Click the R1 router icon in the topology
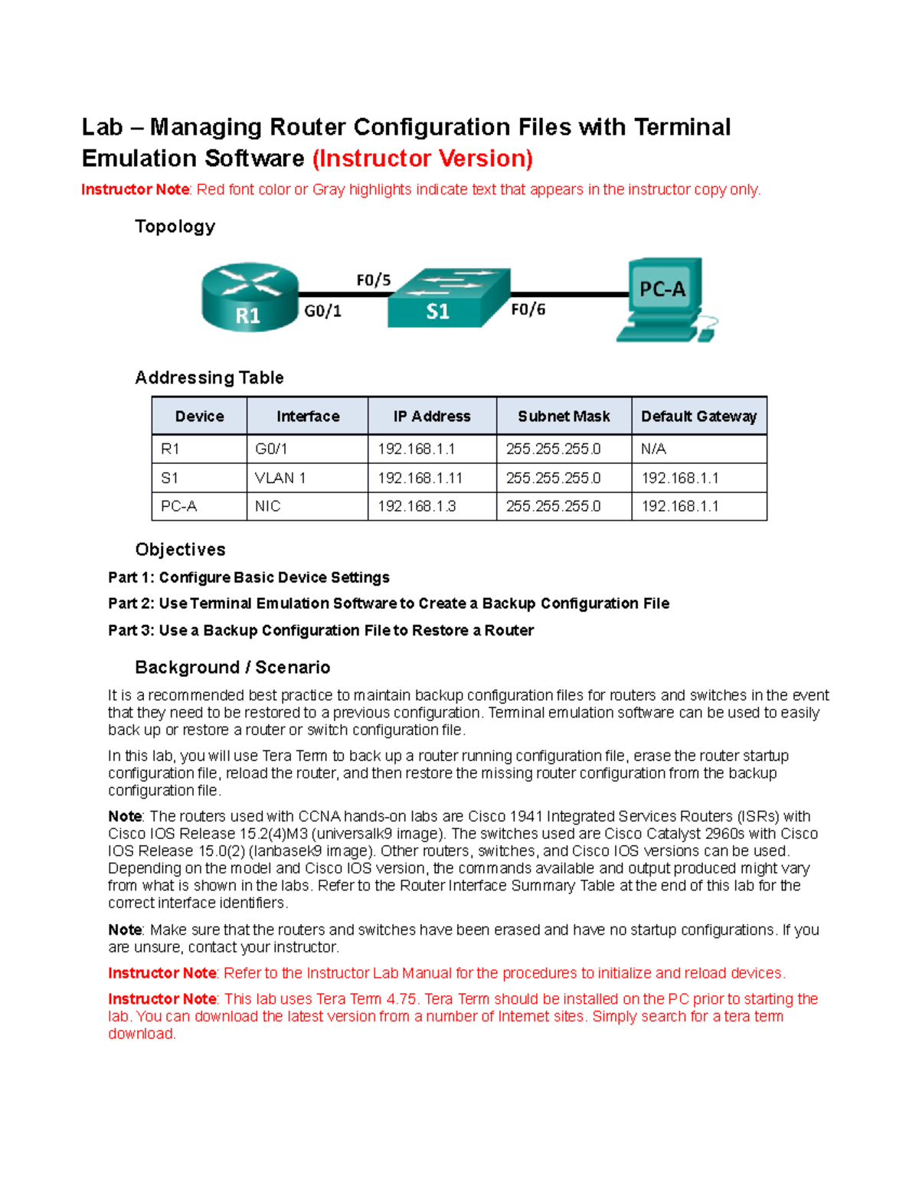pyautogui.click(x=250, y=297)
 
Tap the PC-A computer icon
pyautogui.click(x=665, y=299)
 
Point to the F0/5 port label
pyautogui.click(x=373, y=280)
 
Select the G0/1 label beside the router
pyautogui.click(x=322, y=311)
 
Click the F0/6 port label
pyautogui.click(x=528, y=309)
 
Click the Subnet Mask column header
pyautogui.click(x=564, y=416)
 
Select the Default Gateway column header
pyautogui.click(x=698, y=416)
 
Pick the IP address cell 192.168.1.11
pyautogui.click(x=420, y=478)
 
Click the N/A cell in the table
pyautogui.click(x=653, y=449)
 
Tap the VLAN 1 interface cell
pyautogui.click(x=280, y=478)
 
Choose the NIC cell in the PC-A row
pyautogui.click(x=267, y=506)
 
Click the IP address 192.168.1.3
pyautogui.click(x=417, y=506)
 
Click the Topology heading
pyautogui.click(x=175, y=227)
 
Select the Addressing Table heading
pyautogui.click(x=209, y=377)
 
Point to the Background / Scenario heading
pyautogui.click(x=232, y=667)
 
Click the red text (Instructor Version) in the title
pyautogui.click(x=422, y=158)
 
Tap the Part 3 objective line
pyautogui.click(x=321, y=630)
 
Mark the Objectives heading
pyautogui.click(x=180, y=550)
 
